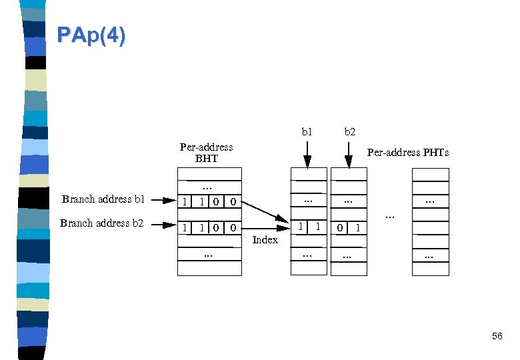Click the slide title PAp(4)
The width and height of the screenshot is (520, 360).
[x=91, y=35]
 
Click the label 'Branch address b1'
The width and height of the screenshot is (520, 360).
[x=103, y=199]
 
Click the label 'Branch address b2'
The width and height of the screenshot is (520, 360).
[x=101, y=223]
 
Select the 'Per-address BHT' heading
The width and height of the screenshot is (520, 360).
[x=206, y=153]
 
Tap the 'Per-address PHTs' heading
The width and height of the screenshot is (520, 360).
[x=408, y=153]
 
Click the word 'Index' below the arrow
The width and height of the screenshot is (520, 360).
[x=265, y=240]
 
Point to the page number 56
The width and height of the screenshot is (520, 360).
[x=497, y=337]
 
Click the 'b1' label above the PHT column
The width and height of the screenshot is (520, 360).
[x=307, y=132]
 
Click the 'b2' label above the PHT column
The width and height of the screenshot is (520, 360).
[x=349, y=132]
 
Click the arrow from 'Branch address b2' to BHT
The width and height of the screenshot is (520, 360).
[x=162, y=225]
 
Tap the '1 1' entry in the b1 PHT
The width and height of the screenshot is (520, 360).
[x=309, y=228]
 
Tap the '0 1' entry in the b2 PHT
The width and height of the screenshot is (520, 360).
[x=349, y=228]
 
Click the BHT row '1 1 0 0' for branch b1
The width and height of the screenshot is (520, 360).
[x=209, y=201]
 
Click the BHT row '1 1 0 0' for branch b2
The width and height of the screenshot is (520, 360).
[x=209, y=228]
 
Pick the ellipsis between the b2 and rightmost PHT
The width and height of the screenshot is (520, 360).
[x=390, y=215]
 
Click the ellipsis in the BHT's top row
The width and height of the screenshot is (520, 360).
[x=209, y=187]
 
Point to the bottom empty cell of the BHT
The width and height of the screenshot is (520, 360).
[x=209, y=269]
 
